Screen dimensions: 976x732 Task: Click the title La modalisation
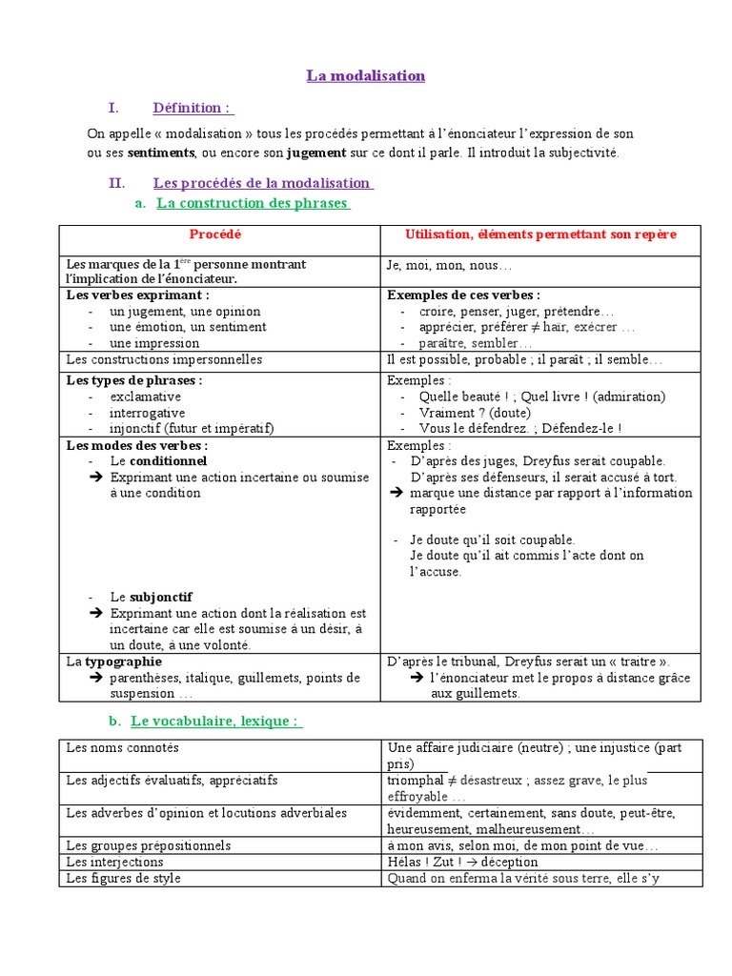click(365, 75)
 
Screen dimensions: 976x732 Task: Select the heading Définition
click(192, 108)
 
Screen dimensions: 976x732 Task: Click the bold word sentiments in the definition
click(161, 152)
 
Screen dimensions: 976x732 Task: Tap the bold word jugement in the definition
click(316, 152)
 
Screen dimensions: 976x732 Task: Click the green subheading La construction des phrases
click(252, 203)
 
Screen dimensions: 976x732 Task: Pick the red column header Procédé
click(215, 234)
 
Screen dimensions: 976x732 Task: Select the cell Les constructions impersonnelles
click(164, 360)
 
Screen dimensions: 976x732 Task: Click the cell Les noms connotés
click(122, 748)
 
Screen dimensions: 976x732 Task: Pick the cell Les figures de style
click(123, 878)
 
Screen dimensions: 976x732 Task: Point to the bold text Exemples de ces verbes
click(463, 295)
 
